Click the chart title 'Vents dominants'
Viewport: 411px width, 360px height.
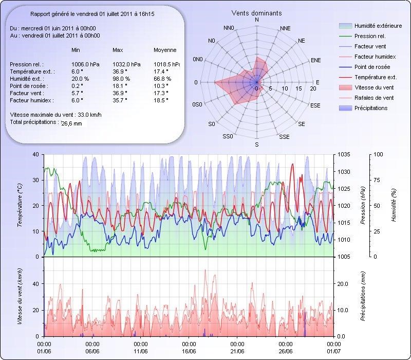[x=257, y=13]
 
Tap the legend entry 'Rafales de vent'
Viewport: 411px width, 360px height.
[x=374, y=98]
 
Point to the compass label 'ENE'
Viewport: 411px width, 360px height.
[x=316, y=60]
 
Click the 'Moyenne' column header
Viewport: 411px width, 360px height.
[x=165, y=50]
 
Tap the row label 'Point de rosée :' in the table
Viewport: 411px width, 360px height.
[x=28, y=86]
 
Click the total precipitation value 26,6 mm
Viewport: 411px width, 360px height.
[x=71, y=123]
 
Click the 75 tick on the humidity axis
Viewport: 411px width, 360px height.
[x=378, y=180]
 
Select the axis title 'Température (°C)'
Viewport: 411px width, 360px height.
[x=20, y=206]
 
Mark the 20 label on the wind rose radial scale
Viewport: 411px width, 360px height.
[x=313, y=88]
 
